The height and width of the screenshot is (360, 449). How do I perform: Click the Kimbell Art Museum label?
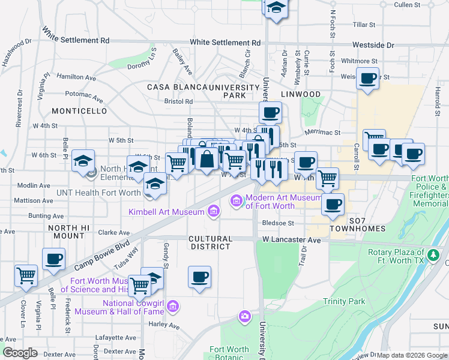pyautogui.click(x=167, y=212)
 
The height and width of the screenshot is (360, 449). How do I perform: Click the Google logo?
pyautogui.click(x=20, y=353)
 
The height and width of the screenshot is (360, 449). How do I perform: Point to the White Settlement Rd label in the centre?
pyautogui.click(x=226, y=43)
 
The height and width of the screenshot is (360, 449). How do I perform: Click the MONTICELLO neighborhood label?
pyautogui.click(x=79, y=112)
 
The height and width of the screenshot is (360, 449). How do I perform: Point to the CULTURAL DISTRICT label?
pyautogui.click(x=209, y=242)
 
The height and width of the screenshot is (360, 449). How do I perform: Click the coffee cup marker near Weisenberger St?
pyautogui.click(x=367, y=77)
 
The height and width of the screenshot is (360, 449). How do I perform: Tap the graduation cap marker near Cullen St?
pyautogui.click(x=276, y=8)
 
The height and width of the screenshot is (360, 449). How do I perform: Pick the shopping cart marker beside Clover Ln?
pyautogui.click(x=26, y=276)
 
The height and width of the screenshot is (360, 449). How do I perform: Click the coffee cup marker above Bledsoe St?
pyautogui.click(x=332, y=204)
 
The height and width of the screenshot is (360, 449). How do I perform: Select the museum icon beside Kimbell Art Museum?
pyautogui.click(x=212, y=211)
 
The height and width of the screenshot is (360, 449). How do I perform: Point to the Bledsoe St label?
pyautogui.click(x=278, y=223)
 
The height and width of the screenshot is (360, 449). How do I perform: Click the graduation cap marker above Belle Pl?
pyautogui.click(x=83, y=160)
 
